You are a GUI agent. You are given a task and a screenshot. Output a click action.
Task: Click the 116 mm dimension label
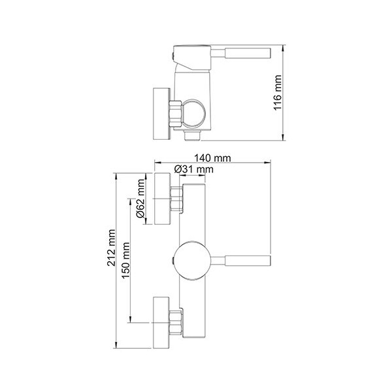(x=278, y=93)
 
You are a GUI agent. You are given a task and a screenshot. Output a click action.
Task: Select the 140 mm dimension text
(x=213, y=158)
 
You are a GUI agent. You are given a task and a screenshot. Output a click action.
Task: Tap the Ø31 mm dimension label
(x=194, y=169)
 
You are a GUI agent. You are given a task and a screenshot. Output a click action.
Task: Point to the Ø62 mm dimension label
(x=140, y=198)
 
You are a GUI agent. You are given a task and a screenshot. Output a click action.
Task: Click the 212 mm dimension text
(x=111, y=248)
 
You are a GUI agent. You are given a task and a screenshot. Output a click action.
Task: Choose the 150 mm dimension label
(x=125, y=260)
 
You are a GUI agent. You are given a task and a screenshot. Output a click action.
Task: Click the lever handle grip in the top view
(x=248, y=53)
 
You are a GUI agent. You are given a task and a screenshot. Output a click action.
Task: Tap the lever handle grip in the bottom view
(x=248, y=261)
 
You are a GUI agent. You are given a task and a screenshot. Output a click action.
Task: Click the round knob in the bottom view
(x=192, y=261)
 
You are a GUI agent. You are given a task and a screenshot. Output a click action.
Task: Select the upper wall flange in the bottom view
(x=163, y=198)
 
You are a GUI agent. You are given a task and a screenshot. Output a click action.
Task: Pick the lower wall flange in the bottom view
(x=161, y=323)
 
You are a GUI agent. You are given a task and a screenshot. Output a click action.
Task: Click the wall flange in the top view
(x=161, y=114)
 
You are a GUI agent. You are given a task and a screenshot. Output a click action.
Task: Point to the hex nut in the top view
(x=175, y=114)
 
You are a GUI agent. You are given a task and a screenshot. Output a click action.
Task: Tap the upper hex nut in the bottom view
(x=176, y=199)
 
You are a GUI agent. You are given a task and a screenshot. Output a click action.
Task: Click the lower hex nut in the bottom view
(x=176, y=323)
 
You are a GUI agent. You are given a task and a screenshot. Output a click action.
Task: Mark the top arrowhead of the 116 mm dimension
(x=283, y=48)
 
